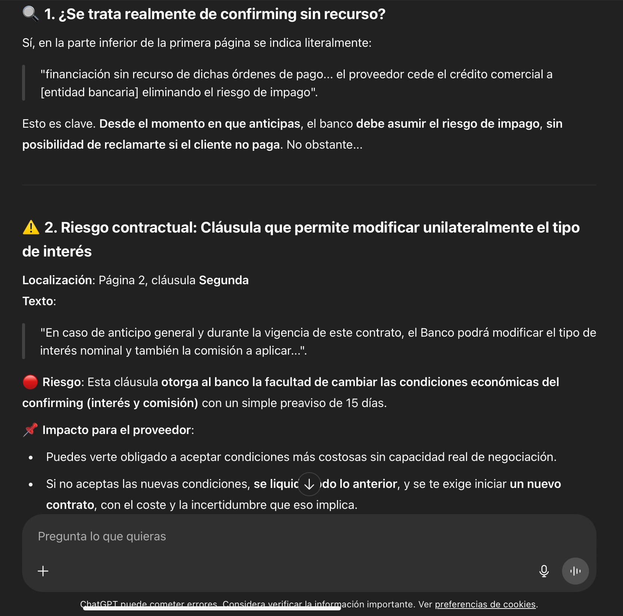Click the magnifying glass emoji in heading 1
[31, 14]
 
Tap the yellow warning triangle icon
[31, 227]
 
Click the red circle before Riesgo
[30, 382]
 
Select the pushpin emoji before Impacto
[30, 430]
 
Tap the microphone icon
[544, 571]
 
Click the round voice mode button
[575, 571]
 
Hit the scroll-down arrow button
[309, 484]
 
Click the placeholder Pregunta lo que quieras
[102, 536]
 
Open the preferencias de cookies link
[485, 604]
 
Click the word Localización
[57, 280]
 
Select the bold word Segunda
[224, 280]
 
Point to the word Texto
[37, 301]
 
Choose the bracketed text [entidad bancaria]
[89, 92]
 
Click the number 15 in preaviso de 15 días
[352, 403]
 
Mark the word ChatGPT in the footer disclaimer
[99, 604]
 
